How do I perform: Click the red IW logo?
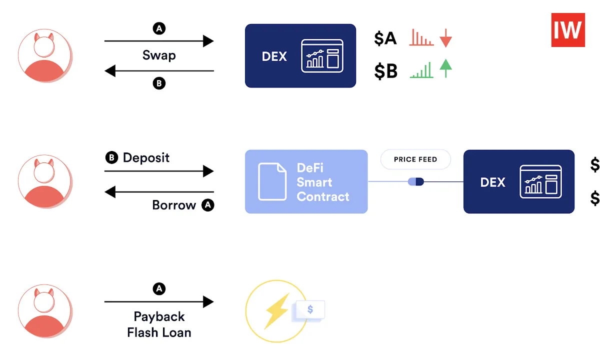coord(568,30)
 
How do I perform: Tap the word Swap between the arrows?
coord(159,55)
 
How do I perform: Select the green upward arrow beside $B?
coord(445,68)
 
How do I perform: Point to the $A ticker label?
coord(385,38)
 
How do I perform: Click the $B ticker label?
coord(385,71)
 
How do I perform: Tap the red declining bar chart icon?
coord(421,38)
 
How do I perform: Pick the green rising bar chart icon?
coord(421,70)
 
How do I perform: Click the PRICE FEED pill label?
coord(415,159)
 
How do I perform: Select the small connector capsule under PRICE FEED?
coord(415,181)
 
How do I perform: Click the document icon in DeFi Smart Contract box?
coord(272,182)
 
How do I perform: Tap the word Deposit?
coord(146,158)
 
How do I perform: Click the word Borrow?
coord(174,205)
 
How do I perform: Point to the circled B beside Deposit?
coord(111,158)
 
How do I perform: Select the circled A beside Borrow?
coord(207,205)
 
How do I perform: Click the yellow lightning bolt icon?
coord(276,309)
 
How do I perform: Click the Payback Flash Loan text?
coord(159,324)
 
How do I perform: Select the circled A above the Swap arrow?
coord(159,29)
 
